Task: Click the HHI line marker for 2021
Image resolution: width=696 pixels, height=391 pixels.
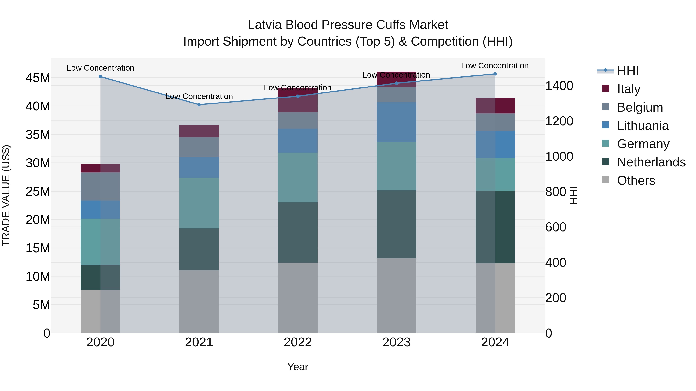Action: click(199, 105)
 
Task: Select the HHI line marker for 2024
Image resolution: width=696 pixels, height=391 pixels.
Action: click(495, 74)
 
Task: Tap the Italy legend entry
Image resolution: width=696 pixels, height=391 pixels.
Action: click(629, 89)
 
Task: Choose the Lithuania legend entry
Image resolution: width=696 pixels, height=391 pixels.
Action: click(642, 126)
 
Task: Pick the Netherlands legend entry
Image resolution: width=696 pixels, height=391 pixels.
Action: click(651, 162)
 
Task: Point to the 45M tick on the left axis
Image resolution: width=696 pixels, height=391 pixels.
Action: click(38, 78)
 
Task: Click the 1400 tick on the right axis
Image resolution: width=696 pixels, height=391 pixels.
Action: click(559, 86)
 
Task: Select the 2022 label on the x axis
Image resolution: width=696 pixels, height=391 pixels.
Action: click(298, 342)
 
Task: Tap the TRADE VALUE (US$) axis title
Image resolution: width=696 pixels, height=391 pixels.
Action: click(6, 195)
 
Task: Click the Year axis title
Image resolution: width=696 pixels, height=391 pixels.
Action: click(298, 367)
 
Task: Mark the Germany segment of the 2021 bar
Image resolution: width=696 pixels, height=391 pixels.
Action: click(199, 203)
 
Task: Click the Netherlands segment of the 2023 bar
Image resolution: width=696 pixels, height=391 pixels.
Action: click(396, 224)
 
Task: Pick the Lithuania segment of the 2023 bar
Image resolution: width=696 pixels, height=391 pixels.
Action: click(396, 122)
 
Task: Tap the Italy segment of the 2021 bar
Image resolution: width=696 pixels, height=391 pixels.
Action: click(199, 131)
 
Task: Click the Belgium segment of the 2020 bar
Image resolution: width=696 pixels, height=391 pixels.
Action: click(100, 187)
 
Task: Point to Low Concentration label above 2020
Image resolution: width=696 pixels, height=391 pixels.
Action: click(100, 68)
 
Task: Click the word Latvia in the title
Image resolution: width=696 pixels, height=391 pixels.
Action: click(265, 25)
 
